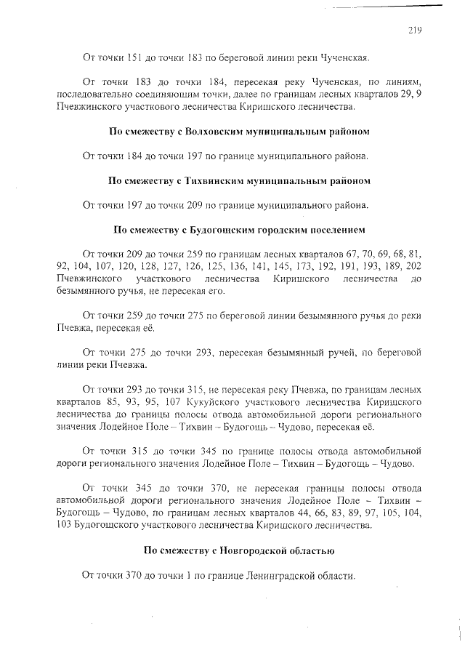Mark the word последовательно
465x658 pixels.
point(90,95)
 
